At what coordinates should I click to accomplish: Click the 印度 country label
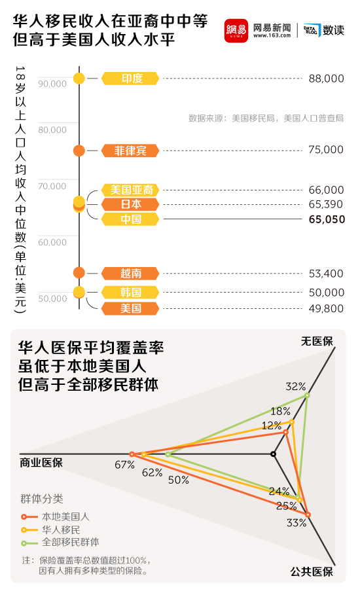tap(131, 79)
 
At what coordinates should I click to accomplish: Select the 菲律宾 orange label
tap(131, 151)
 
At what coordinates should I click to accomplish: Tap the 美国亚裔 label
tap(131, 190)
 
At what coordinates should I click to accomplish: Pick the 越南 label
tap(131, 273)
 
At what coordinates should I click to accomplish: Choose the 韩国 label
tap(131, 292)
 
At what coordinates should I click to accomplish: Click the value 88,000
tap(326, 79)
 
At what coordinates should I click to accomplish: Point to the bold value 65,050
tap(327, 219)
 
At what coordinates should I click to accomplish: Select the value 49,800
tap(326, 308)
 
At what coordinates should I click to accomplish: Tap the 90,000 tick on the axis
tap(52, 84)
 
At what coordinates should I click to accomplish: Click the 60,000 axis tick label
tap(52, 242)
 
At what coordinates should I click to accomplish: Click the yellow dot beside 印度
tap(79, 79)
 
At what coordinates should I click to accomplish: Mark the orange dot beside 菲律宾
tap(79, 151)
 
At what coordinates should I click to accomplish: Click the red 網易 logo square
tap(236, 30)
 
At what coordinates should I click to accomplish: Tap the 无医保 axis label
tap(317, 341)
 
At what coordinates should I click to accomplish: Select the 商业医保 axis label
tap(41, 463)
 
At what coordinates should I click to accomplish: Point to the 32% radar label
tap(296, 386)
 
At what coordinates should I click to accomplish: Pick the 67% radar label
tap(124, 465)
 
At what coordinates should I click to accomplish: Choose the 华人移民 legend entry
tap(61, 529)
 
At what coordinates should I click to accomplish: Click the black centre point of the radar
tap(274, 454)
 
